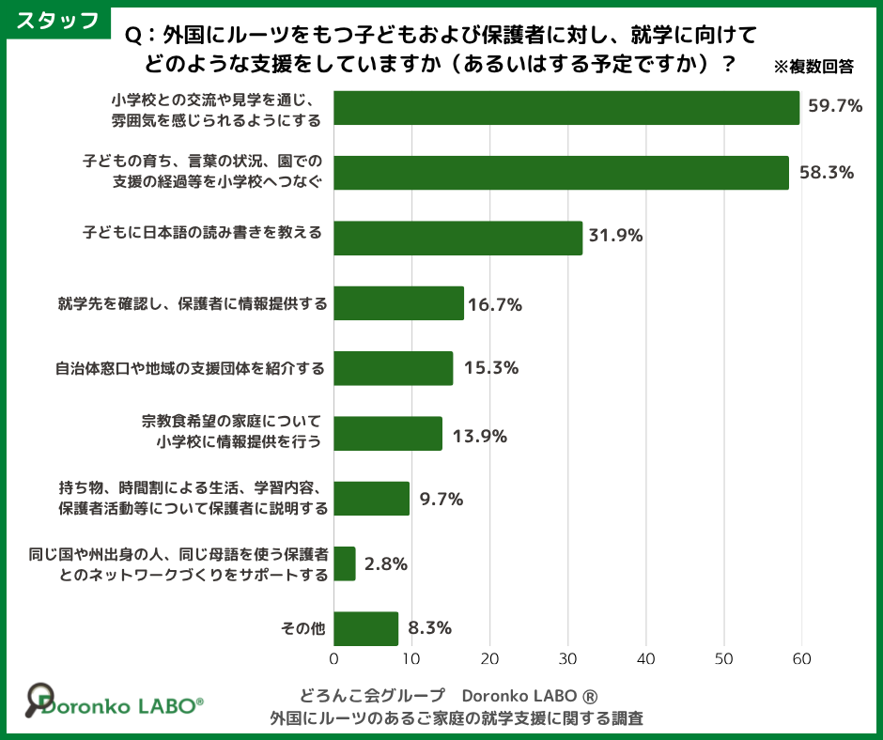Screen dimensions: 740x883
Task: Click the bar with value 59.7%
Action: [x=566, y=108]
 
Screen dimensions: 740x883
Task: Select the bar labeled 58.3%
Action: [x=561, y=173]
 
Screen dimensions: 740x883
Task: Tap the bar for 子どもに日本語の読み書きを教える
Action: [x=457, y=238]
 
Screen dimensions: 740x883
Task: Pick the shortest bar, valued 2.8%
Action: [x=345, y=563]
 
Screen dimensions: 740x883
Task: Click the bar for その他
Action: [x=366, y=628]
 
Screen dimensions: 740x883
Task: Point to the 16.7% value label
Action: [x=495, y=304]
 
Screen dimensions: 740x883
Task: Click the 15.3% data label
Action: [x=486, y=368]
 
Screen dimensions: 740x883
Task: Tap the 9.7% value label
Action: [x=441, y=500]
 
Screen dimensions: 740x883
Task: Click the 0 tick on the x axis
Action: [x=334, y=659]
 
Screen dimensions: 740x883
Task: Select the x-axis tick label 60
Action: [x=801, y=659]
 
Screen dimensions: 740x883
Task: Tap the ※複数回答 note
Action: [x=813, y=67]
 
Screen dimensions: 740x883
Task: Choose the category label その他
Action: [x=302, y=629]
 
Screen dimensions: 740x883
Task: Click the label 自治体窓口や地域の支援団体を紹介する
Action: [x=190, y=368]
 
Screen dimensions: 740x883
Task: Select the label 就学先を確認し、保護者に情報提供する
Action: [x=193, y=304]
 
